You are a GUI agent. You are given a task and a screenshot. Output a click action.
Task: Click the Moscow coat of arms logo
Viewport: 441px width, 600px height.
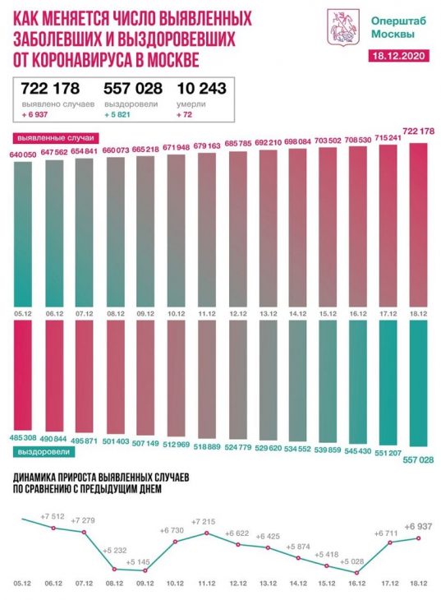click(x=342, y=27)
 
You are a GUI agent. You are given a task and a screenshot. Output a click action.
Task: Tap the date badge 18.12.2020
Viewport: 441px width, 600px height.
click(x=398, y=56)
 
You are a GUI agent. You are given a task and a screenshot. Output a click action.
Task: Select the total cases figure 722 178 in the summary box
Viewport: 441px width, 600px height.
click(x=50, y=89)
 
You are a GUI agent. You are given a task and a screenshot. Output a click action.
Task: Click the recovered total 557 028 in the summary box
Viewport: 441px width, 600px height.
click(x=133, y=89)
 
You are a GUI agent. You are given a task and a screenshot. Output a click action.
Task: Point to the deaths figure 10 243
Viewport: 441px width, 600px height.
click(x=201, y=89)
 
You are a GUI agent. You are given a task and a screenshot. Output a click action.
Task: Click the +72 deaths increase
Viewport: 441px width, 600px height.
click(x=184, y=114)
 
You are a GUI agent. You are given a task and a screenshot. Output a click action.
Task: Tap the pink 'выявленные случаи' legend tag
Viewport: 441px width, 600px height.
click(x=55, y=138)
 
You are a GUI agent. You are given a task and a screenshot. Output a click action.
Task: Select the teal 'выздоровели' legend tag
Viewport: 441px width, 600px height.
click(x=44, y=452)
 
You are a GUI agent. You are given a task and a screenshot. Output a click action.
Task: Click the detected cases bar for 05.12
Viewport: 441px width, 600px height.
click(x=23, y=234)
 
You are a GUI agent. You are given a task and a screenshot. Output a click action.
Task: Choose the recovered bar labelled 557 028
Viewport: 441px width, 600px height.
click(x=419, y=383)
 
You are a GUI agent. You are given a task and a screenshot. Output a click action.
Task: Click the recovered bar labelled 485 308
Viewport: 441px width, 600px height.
click(x=23, y=376)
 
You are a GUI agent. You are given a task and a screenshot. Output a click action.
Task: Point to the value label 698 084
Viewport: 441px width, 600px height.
click(x=298, y=142)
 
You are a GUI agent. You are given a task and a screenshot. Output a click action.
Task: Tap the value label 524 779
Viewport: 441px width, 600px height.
click(x=237, y=445)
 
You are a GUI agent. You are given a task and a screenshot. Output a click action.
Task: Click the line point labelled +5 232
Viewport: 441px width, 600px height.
click(x=114, y=569)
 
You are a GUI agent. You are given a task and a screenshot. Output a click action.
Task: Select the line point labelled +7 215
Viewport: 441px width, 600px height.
click(x=207, y=533)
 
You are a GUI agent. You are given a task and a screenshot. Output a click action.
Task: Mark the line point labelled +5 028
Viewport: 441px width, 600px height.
click(x=357, y=573)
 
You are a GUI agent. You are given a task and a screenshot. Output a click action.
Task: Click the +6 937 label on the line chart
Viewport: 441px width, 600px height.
click(x=419, y=527)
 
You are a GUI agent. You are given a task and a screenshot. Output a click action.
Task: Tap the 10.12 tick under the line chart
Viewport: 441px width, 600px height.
click(x=176, y=584)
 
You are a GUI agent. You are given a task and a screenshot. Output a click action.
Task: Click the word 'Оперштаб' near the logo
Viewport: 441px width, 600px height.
click(x=399, y=21)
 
